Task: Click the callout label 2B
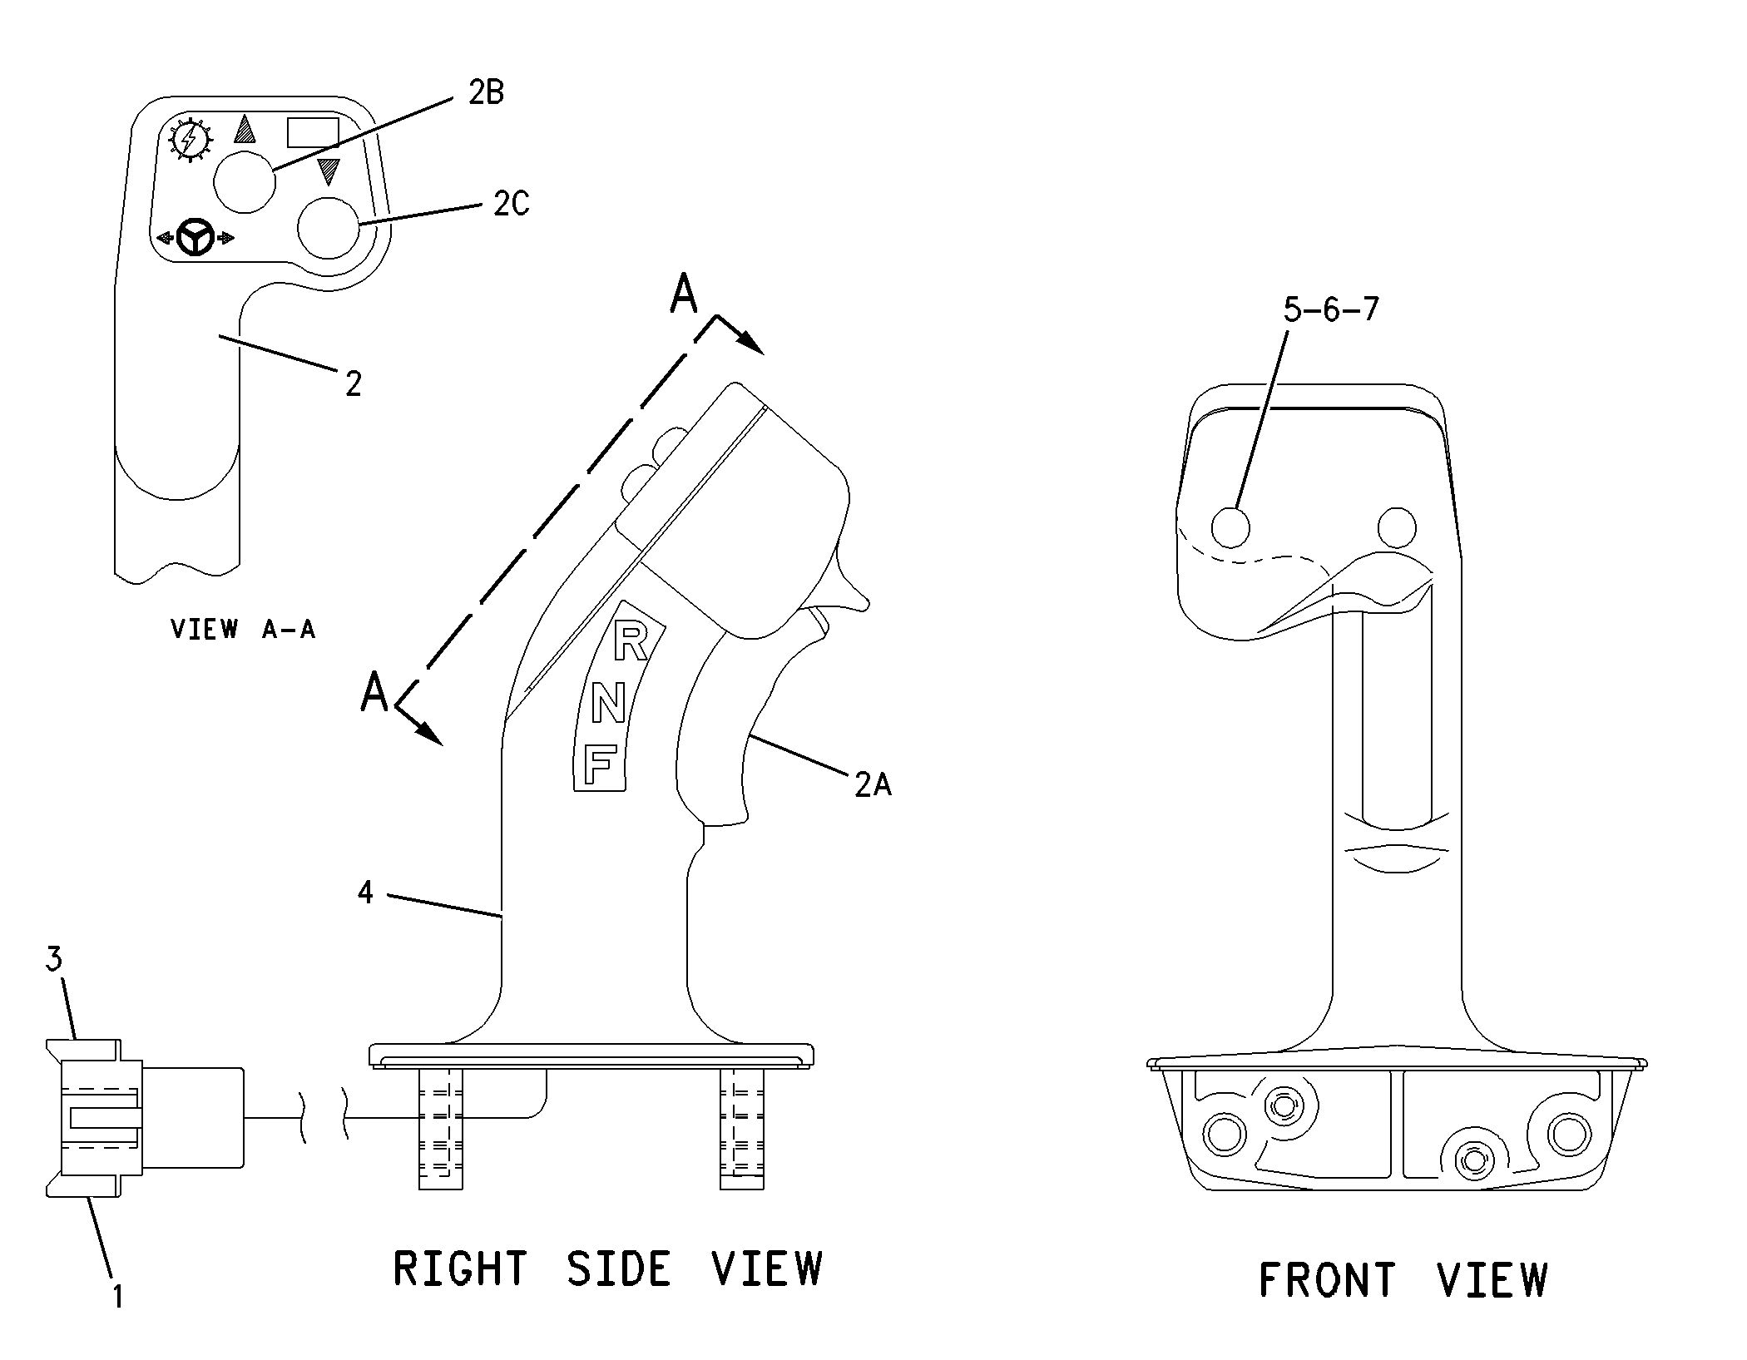[486, 92]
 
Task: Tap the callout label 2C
[511, 204]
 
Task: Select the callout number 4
[365, 893]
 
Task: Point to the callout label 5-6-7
[1330, 309]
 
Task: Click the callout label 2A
[872, 784]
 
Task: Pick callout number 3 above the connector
[54, 959]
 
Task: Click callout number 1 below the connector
[117, 1296]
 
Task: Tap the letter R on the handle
[630, 643]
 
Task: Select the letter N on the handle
[608, 705]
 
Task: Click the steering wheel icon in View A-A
[196, 238]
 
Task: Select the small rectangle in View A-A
[313, 132]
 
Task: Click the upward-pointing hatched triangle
[245, 129]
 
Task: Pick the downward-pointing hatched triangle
[329, 171]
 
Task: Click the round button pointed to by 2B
[244, 181]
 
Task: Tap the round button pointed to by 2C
[328, 228]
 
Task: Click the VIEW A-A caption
[243, 629]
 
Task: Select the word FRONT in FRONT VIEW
[1326, 1280]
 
